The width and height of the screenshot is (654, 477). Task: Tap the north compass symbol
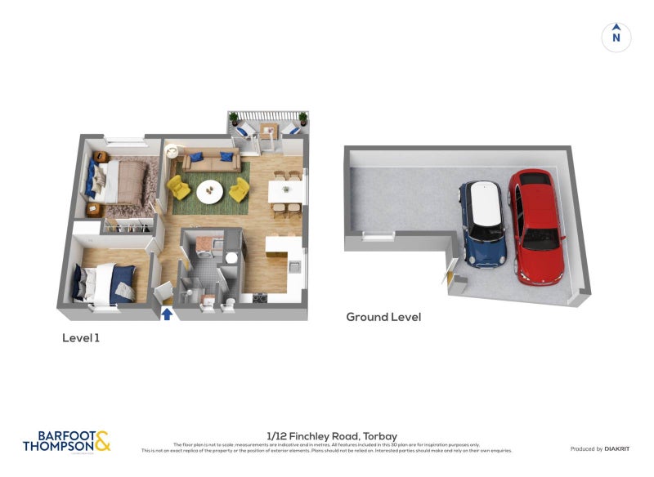pos(616,37)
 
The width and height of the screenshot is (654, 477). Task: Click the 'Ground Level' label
pos(383,317)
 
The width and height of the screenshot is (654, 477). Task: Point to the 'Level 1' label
pos(81,337)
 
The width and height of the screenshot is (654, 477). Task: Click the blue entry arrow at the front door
pos(167,314)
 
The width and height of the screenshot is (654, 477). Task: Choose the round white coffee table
pos(210,192)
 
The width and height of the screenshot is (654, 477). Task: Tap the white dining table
pos(287,192)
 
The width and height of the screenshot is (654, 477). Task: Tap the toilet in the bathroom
pos(229,305)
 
